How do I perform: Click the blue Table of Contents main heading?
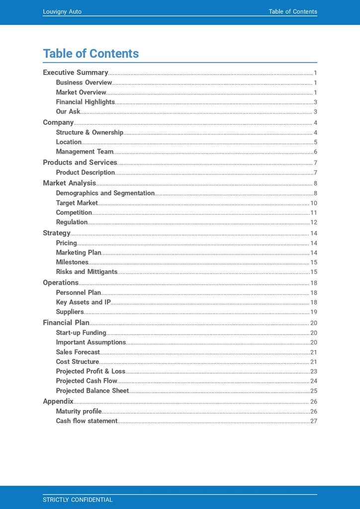[x=90, y=54]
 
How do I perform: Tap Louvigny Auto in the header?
[x=62, y=11]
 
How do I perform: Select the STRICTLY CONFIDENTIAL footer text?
[x=78, y=500]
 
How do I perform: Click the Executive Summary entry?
[x=75, y=73]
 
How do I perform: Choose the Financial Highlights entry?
[x=85, y=102]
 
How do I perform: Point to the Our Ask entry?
[x=68, y=111]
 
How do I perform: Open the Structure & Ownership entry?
[x=90, y=132]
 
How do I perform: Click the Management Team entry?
[x=85, y=152]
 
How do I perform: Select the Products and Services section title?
[x=80, y=163]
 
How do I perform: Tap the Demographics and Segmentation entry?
[x=105, y=193]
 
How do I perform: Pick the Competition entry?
[x=74, y=212]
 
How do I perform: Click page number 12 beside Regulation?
[x=313, y=222]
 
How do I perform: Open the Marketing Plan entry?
[x=79, y=253]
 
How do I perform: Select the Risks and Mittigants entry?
[x=87, y=272]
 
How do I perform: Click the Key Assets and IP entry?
[x=83, y=302]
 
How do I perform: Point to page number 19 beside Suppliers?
[x=313, y=312]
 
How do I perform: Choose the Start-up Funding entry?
[x=81, y=333]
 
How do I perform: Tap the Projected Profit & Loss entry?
[x=90, y=371]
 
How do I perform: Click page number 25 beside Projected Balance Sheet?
[x=313, y=391]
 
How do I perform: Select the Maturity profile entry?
[x=79, y=411]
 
